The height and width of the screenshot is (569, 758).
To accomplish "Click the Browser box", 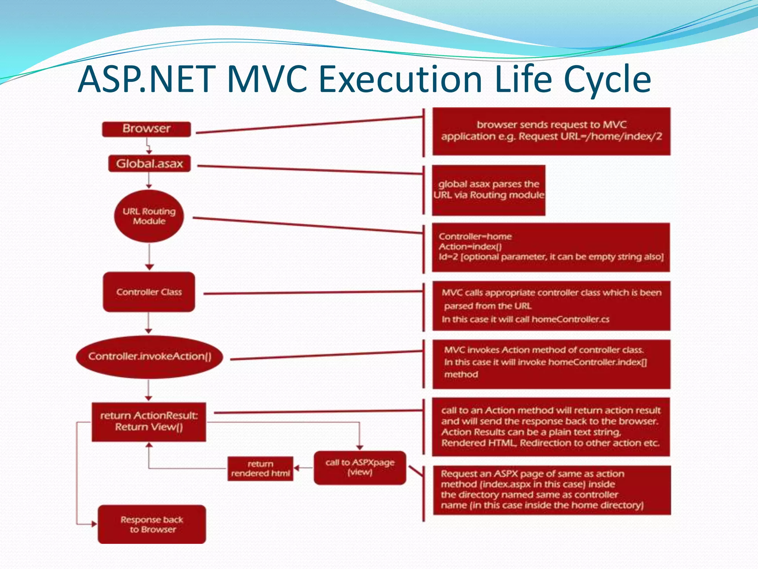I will [x=147, y=129].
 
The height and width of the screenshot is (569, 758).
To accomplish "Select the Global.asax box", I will [x=149, y=163].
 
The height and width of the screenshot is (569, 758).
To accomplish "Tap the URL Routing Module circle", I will [x=149, y=216].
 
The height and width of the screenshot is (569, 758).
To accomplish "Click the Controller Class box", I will [x=149, y=292].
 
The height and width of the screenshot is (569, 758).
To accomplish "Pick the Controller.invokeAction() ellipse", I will [x=150, y=356].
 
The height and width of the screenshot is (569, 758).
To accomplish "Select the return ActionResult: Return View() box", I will [x=149, y=422].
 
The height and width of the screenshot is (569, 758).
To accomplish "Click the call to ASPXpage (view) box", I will [x=360, y=467].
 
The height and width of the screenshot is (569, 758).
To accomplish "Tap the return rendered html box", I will [x=260, y=469].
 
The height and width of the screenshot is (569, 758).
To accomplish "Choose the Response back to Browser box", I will [x=152, y=524].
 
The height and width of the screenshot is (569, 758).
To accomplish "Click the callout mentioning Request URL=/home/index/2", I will [x=551, y=131].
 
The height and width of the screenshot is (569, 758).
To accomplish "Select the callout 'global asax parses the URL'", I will [x=489, y=190].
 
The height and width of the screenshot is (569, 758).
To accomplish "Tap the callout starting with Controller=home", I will [x=551, y=247].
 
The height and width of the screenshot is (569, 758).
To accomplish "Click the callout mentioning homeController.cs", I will [x=551, y=306].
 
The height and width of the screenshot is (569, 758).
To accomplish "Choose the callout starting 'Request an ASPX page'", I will [x=551, y=490].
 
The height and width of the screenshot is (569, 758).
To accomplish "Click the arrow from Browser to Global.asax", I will [x=148, y=146].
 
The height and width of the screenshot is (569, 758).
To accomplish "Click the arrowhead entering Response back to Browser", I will [x=94, y=524].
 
